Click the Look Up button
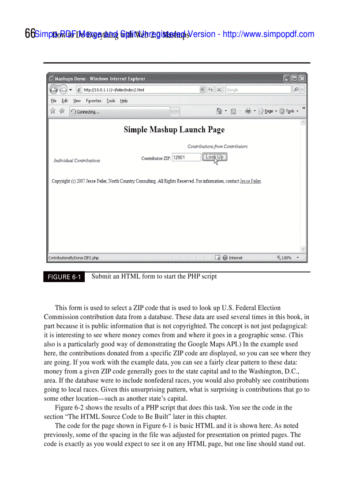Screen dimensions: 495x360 [x=214, y=157]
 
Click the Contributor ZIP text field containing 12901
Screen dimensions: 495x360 [x=186, y=157]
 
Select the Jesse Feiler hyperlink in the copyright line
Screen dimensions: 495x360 [x=250, y=181]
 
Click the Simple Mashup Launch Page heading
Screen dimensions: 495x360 [x=174, y=130]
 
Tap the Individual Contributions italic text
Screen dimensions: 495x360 [x=77, y=160]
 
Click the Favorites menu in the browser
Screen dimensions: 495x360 [x=94, y=101]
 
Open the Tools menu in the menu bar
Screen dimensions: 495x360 [x=111, y=101]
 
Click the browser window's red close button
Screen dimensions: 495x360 [x=302, y=79]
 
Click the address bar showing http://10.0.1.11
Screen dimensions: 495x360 [x=137, y=90]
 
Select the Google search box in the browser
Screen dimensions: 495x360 [x=257, y=90]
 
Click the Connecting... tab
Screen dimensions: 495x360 [x=119, y=112]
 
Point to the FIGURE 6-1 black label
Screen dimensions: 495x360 [x=64, y=277]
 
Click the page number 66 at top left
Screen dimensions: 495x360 [x=30, y=33]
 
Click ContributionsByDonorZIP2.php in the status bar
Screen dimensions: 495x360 [x=74, y=258]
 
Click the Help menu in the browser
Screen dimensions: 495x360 [x=124, y=101]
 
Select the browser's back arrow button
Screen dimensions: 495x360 [x=54, y=89]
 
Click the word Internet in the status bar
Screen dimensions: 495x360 [x=236, y=258]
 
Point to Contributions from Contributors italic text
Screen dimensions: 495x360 [x=217, y=146]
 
